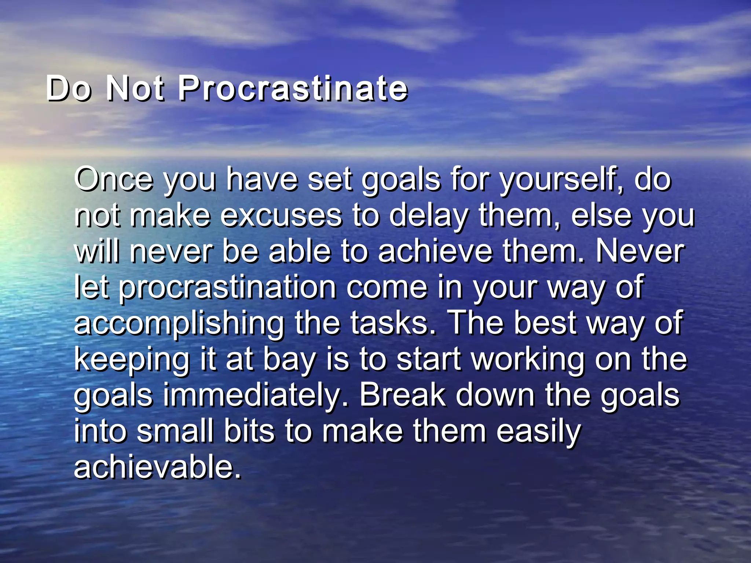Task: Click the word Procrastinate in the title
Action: point(293,89)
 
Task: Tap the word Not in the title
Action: point(135,89)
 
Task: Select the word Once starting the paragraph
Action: point(113,179)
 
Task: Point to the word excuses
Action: point(281,216)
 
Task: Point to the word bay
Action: point(290,360)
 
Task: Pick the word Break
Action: point(402,395)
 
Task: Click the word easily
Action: point(538,431)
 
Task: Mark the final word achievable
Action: point(158,467)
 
